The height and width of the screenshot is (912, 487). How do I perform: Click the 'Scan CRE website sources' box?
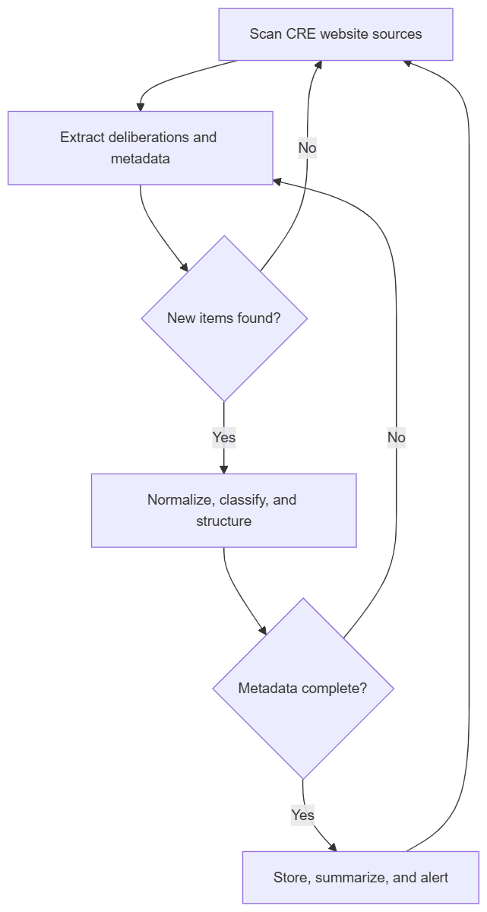click(x=336, y=34)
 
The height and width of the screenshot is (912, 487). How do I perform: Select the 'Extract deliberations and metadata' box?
click(x=140, y=147)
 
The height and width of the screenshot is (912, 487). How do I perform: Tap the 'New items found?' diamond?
click(x=224, y=318)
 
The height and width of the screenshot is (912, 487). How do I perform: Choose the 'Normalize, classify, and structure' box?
click(x=223, y=510)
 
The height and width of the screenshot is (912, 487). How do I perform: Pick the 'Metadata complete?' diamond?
click(x=302, y=688)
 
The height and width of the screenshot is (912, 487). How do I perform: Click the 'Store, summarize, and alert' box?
click(x=360, y=877)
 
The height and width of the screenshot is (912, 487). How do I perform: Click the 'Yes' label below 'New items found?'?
click(x=223, y=437)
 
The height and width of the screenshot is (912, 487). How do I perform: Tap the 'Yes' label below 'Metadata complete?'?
click(x=302, y=815)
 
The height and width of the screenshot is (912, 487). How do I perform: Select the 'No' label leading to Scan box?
click(x=307, y=147)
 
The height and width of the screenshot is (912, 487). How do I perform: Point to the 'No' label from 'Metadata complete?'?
click(x=396, y=437)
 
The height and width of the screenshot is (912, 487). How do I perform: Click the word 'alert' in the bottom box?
click(x=431, y=878)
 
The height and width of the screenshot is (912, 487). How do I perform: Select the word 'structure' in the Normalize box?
click(x=223, y=521)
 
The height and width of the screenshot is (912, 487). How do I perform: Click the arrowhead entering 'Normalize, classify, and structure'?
click(x=223, y=469)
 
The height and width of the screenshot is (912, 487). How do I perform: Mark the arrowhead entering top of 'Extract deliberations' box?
click(x=140, y=106)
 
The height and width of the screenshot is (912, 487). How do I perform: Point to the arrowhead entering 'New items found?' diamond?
click(x=183, y=267)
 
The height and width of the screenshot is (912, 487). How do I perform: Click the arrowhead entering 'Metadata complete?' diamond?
click(x=263, y=630)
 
